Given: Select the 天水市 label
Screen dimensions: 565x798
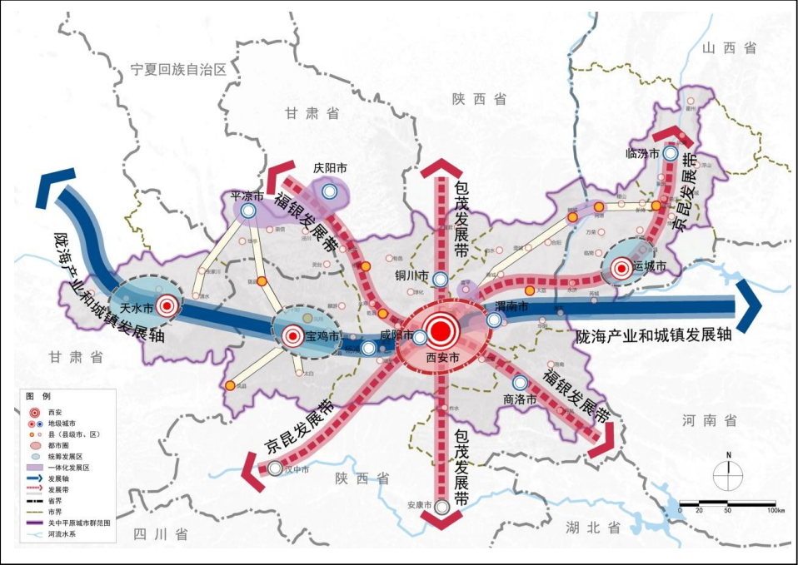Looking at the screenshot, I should tap(137, 308).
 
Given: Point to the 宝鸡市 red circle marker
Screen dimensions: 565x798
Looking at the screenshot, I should tap(292, 337).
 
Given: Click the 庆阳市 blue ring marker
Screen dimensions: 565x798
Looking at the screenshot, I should tap(331, 191).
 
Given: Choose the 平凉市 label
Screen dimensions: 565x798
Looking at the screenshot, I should tap(247, 196).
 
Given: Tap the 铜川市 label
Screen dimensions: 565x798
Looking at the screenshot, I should tap(412, 275).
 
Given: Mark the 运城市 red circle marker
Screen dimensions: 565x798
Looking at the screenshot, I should tap(621, 269).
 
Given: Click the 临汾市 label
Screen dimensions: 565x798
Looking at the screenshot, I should tap(642, 153).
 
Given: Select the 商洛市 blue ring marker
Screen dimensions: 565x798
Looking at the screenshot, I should tap(521, 383).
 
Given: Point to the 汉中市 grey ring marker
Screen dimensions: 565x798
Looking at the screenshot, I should tap(275, 468).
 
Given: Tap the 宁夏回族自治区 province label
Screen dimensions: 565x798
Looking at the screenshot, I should tap(179, 71).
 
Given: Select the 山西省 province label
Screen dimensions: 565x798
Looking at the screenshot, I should tap(729, 48).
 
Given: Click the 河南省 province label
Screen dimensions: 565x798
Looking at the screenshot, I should tap(708, 419).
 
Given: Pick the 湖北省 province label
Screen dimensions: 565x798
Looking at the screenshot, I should tap(592, 528).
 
